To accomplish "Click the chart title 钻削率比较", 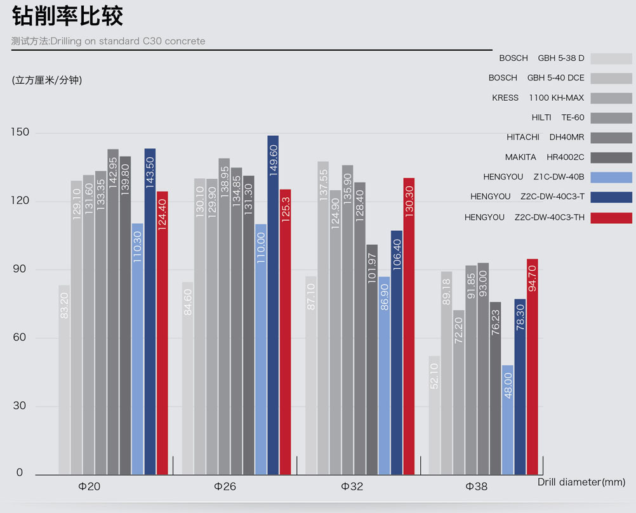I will (67, 17).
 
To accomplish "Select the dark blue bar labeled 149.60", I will (273, 304).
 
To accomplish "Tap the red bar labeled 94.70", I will (533, 367).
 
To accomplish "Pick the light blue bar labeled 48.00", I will (508, 419).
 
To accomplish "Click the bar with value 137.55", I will (323, 317).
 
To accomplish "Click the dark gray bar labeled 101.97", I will (372, 359).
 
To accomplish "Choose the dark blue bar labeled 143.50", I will (150, 311).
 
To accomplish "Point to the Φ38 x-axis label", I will (477, 487).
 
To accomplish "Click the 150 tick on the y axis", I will (22, 133).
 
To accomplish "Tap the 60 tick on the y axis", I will (18, 337).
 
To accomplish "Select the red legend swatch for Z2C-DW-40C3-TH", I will (611, 218).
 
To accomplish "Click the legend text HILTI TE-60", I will (558, 117).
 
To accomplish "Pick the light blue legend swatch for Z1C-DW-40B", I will (611, 177).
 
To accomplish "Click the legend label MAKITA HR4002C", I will (545, 157).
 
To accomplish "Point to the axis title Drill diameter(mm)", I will (581, 482).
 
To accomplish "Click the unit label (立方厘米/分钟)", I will (47, 80).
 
